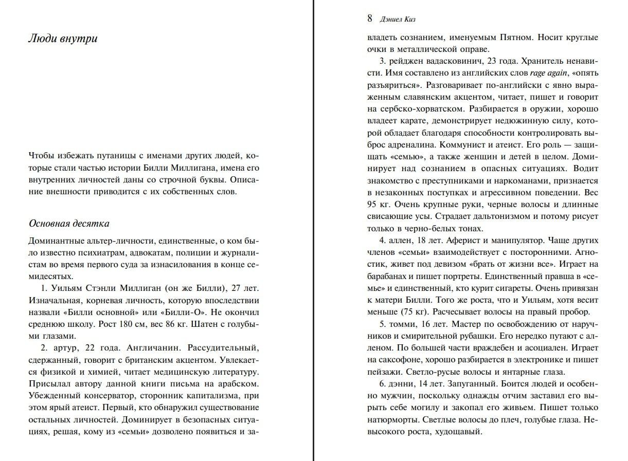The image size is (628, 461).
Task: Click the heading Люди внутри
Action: pos(62,39)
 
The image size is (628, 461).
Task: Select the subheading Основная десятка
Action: pos(68,224)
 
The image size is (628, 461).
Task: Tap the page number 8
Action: pos(370,19)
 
